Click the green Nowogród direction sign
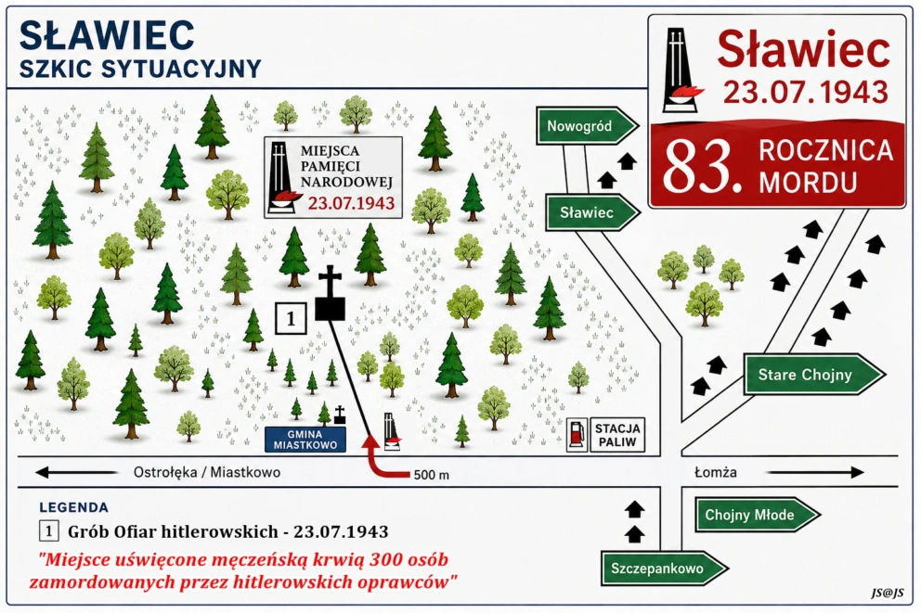pos(587,125)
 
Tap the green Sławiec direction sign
pos(592,212)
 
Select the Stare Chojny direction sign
pos(813,375)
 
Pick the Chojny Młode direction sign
pos(757,515)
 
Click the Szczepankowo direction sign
pos(664,568)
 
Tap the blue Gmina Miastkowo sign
pos(305,440)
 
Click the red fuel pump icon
pos(577,435)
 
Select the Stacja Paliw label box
pos(616,435)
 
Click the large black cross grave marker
pos(331,293)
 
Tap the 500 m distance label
pos(431,475)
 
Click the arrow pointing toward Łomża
pos(815,472)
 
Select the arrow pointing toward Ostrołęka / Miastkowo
pos(75,472)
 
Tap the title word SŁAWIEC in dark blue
pos(107,35)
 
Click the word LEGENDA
pos(74,507)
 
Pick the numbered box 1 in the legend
pos(49,531)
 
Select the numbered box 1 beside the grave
pos(291,318)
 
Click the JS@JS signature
pos(887,593)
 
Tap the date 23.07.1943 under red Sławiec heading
pos(805,92)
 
